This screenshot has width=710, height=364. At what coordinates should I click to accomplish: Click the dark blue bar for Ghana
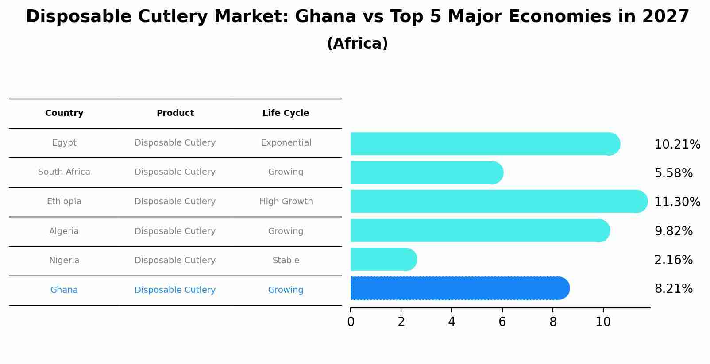[x=459, y=288]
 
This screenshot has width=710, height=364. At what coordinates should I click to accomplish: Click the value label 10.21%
[x=677, y=145]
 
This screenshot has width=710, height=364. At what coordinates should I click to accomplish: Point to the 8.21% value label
[x=673, y=289]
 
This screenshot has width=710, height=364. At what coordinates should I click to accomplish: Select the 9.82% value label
[x=673, y=231]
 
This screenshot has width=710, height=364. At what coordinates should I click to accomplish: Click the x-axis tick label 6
[x=502, y=322]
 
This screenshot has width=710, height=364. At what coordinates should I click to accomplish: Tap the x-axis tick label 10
[x=603, y=322]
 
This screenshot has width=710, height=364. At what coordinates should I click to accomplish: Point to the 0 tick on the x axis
[x=351, y=322]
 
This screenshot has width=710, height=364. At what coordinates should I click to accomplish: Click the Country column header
[x=64, y=113]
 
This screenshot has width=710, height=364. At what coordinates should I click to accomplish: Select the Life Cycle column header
[x=286, y=113]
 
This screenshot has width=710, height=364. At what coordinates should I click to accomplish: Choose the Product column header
[x=175, y=113]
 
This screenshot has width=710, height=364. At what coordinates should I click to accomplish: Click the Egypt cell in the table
[x=64, y=143]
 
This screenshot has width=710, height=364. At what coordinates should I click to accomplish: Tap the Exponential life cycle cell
[x=286, y=143]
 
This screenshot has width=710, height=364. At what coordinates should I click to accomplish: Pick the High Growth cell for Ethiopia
[x=286, y=202]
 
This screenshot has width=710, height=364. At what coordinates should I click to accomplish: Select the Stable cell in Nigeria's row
[x=286, y=261]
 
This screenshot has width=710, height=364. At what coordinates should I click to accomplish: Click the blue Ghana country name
[x=64, y=290]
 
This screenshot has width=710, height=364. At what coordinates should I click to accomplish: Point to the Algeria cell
[x=64, y=231]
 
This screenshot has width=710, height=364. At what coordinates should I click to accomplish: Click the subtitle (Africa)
[x=357, y=44]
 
